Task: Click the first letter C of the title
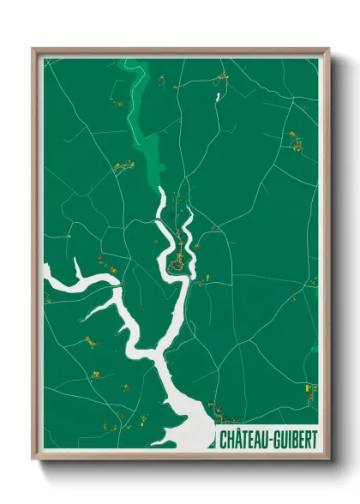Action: [x=223, y=440]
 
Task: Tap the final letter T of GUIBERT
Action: [x=315, y=440]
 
